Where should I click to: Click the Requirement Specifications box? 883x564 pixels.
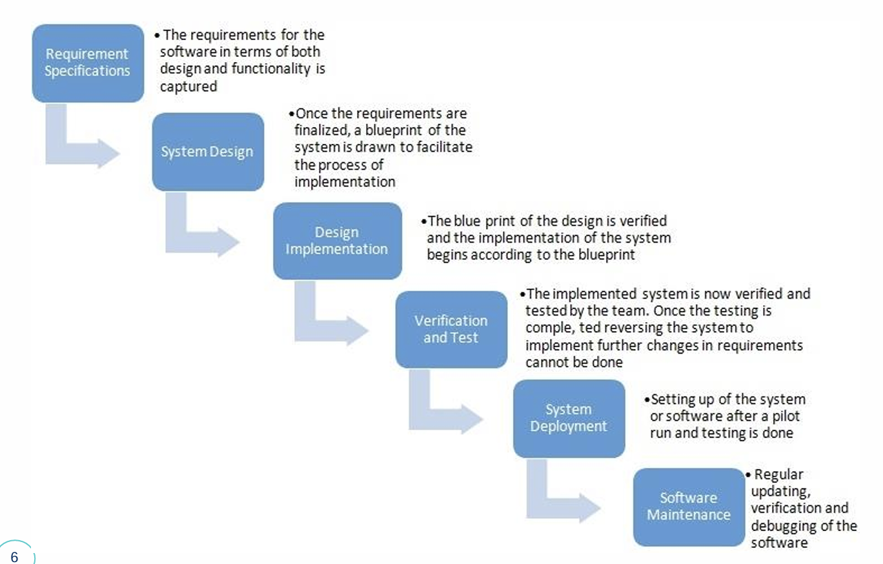point(88,63)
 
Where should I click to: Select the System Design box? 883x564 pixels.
point(208,152)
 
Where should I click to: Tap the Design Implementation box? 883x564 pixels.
point(338,241)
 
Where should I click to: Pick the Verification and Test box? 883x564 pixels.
point(451,330)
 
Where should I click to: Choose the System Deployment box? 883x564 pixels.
point(569,419)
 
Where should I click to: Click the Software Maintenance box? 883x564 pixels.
point(689,507)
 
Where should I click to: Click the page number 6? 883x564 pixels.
point(15,557)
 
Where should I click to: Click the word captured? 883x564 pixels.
point(188,86)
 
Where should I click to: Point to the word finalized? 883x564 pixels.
point(321,130)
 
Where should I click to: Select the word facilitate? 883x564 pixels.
point(445,147)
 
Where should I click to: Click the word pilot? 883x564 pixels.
point(786,416)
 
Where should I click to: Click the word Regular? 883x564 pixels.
point(778,474)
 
